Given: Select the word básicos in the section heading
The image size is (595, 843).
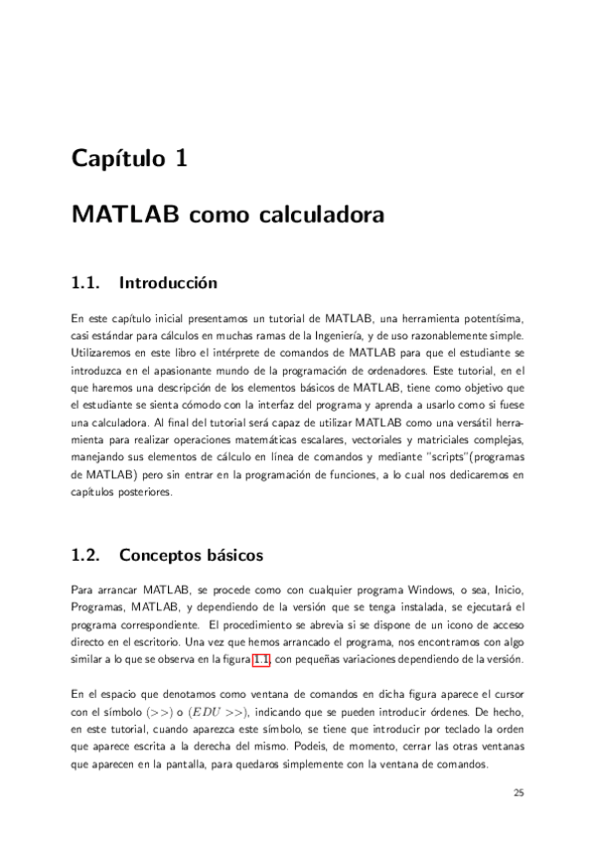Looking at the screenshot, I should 234,554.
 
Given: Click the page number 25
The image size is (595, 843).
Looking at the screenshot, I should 519,792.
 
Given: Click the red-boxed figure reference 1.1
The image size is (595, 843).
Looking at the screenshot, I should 263,659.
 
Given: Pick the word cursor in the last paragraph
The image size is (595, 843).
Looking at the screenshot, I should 505,694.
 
